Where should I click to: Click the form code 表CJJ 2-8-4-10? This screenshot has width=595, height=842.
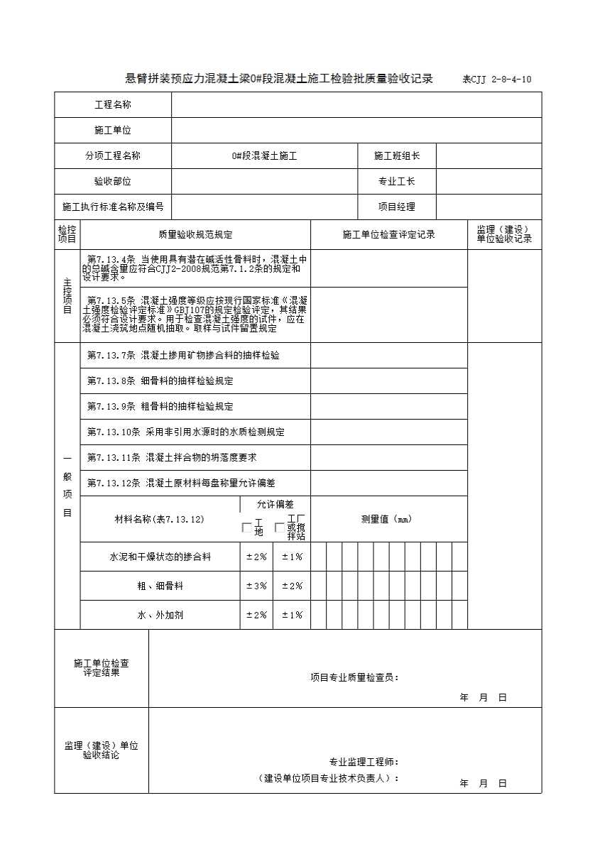496,80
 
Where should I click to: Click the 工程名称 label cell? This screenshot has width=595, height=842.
113,105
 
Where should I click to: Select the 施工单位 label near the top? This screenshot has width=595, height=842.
113,131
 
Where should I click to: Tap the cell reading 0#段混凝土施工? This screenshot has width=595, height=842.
264,156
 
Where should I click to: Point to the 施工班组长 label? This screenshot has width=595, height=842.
397,156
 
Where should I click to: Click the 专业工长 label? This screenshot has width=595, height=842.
397,182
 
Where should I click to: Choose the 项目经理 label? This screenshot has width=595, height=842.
397,207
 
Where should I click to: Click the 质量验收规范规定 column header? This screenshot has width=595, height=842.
195,234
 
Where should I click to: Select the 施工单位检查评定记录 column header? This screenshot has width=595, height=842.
388,234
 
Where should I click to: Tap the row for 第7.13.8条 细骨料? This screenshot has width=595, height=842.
160,381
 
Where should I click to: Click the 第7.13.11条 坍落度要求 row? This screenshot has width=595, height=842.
172,458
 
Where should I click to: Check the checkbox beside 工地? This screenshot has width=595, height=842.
246,527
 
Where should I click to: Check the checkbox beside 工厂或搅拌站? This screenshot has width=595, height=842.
280,527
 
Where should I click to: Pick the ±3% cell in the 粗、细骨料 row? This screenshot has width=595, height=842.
256,586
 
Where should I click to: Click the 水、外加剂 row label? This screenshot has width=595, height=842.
160,616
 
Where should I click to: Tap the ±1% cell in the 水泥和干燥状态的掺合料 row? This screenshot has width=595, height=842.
292,557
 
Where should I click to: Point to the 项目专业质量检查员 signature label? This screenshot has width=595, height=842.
354,677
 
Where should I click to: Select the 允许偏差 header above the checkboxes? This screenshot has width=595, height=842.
275,505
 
